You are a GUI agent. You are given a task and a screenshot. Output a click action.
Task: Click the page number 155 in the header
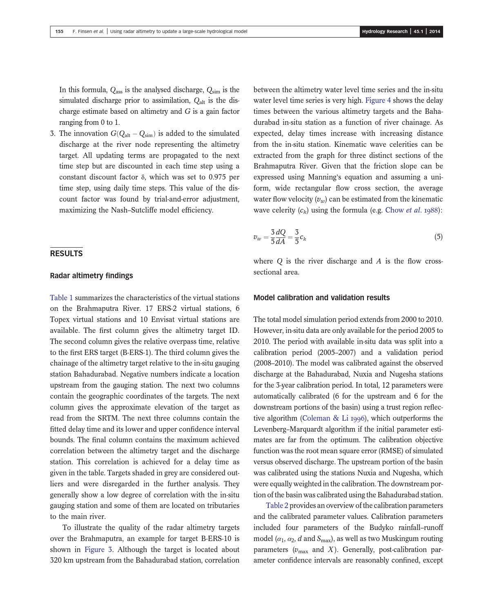pos(59,31)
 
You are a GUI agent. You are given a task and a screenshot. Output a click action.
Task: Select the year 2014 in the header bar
pos(435,31)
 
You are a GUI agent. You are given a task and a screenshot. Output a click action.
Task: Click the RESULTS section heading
pos(66,253)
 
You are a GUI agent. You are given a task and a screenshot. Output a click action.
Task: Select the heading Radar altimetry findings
pos(91,276)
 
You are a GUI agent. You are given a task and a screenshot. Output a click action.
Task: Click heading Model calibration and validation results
pos(321,298)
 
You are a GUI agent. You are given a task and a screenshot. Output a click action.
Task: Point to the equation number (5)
pos(438,237)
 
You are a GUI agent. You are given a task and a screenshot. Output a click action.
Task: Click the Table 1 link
pos(61,298)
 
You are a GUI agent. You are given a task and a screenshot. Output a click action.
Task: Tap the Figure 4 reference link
pos(375,100)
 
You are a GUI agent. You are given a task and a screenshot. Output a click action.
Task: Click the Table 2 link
pos(274,506)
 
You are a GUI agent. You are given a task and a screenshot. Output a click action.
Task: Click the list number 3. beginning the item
pos(53,133)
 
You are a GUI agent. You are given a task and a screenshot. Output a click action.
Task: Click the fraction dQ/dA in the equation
pos(280,237)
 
